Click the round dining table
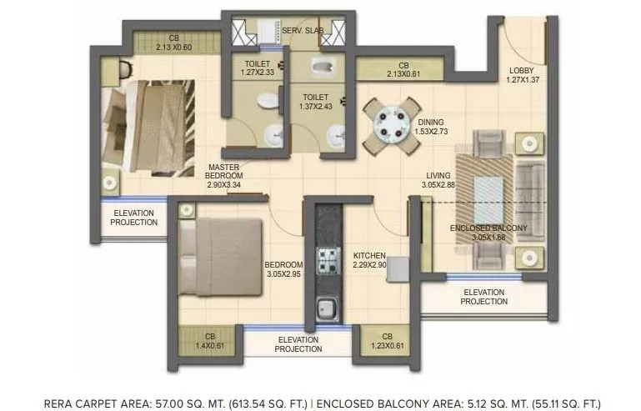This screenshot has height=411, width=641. tap(391, 124)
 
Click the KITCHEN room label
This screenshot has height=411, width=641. tap(368, 255)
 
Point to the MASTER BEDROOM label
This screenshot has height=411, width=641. tap(224, 171)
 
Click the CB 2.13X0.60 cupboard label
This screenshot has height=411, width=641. tap(173, 38)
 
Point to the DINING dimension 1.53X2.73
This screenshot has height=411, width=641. tap(432, 132)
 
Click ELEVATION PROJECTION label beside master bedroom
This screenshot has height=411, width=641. tap(134, 218)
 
